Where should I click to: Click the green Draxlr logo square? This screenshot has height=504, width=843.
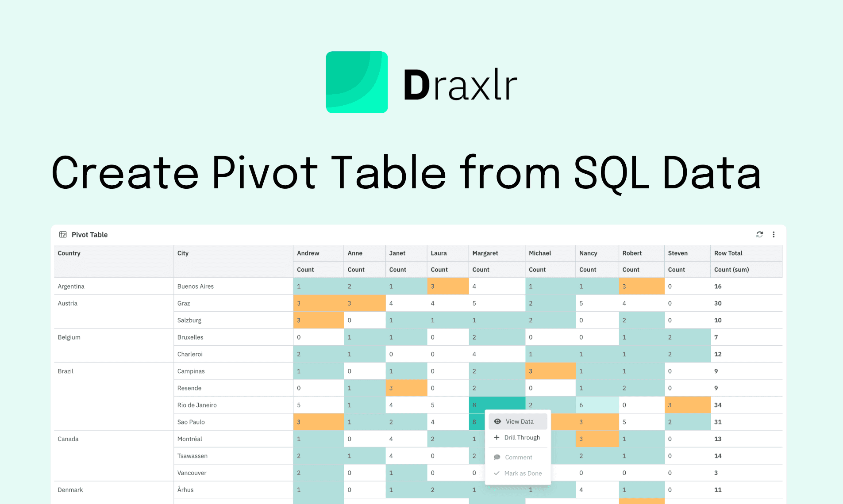pos(357,82)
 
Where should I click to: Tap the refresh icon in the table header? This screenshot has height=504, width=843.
pos(759,234)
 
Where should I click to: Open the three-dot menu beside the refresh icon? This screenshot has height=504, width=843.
pos(774,234)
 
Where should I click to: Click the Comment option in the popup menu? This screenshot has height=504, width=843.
pos(518,457)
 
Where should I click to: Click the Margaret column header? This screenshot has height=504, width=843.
pos(485,253)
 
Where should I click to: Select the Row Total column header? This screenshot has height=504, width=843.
pos(728,253)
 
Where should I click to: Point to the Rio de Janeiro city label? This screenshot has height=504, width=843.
pos(197,405)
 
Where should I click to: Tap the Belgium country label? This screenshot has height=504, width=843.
pos(69,337)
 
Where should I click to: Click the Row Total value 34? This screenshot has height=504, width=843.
pos(718,405)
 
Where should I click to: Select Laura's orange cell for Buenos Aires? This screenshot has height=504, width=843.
pos(447,286)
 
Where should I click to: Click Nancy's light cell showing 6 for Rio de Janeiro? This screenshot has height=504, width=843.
pos(597,405)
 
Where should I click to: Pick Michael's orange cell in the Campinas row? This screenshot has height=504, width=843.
pos(550,371)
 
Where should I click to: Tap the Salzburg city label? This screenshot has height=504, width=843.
pos(189,321)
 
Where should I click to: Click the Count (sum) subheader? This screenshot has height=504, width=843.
pos(731,270)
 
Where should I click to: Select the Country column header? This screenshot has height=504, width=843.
pos(69,253)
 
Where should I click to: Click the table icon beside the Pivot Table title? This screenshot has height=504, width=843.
pos(63,234)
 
